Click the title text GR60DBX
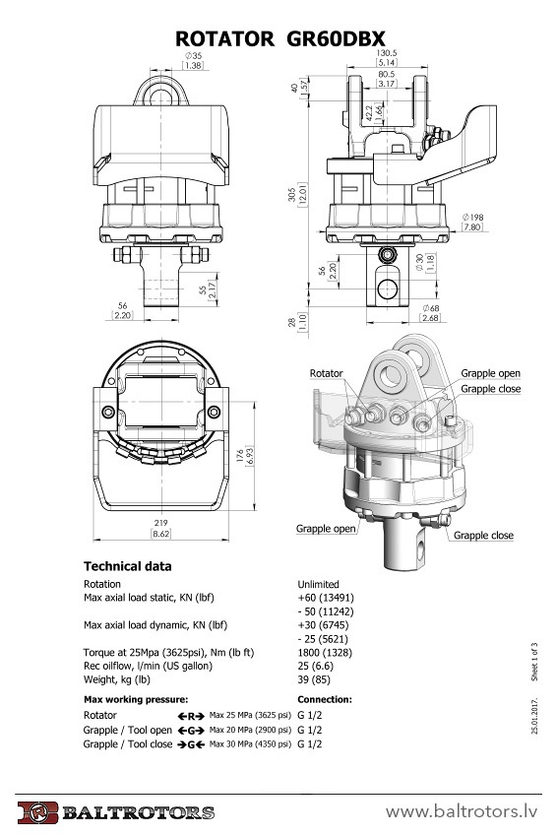click(x=336, y=39)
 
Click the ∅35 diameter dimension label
click(x=194, y=55)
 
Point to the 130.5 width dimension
click(x=387, y=53)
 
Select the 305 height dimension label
click(x=292, y=194)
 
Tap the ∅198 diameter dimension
click(x=472, y=217)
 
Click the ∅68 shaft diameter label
click(x=431, y=308)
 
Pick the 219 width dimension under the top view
click(x=160, y=523)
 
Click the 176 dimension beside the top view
click(x=240, y=456)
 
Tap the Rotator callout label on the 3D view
click(x=326, y=373)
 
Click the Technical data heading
click(x=128, y=566)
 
